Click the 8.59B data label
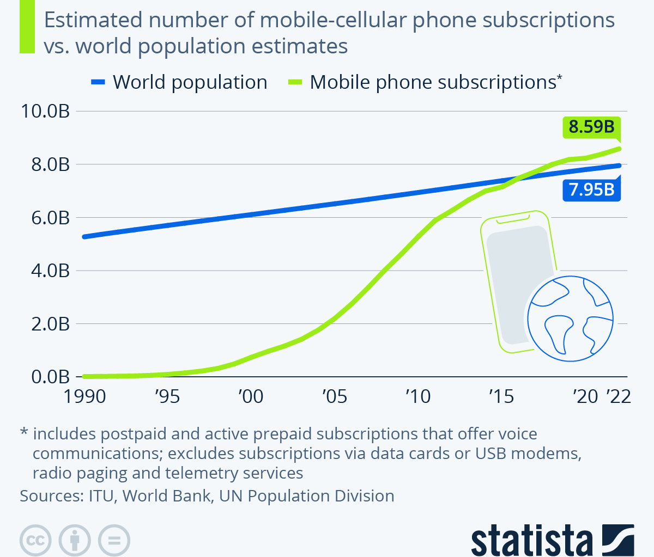click(x=591, y=127)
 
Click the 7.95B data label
click(x=591, y=189)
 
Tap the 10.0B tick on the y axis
click(x=45, y=111)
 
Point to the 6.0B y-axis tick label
click(x=45, y=218)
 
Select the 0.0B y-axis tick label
click(x=45, y=377)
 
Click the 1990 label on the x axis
click(x=84, y=396)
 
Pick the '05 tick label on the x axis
click(x=334, y=396)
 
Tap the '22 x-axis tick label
click(x=619, y=396)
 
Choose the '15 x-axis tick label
click(x=501, y=396)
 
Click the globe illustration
click(x=570, y=319)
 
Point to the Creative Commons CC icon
click(x=35, y=541)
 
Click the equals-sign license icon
click(x=114, y=541)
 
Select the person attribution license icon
click(x=75, y=541)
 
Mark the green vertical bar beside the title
click(x=27, y=27)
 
